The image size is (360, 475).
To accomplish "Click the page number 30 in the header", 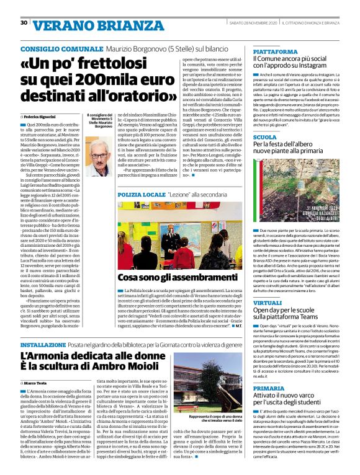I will point(24,23).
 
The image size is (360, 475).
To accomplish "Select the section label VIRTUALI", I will point(268,302).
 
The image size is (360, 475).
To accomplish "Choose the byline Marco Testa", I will point(39,383).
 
